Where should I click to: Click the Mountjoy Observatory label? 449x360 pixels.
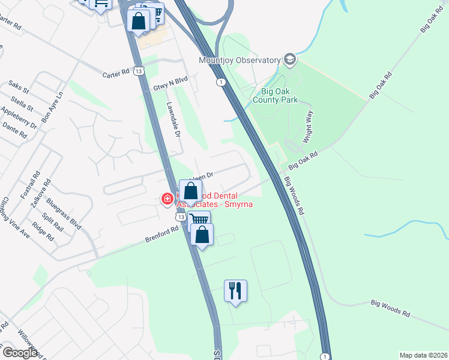click(x=240, y=60)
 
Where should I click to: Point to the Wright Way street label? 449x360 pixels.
click(x=309, y=127)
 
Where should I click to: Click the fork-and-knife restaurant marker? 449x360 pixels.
click(x=235, y=291)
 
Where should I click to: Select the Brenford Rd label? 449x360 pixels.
click(x=162, y=234)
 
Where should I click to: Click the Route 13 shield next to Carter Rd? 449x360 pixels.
click(x=139, y=71)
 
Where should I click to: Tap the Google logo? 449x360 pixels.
click(x=20, y=352)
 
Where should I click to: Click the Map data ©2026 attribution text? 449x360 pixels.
click(x=423, y=355)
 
